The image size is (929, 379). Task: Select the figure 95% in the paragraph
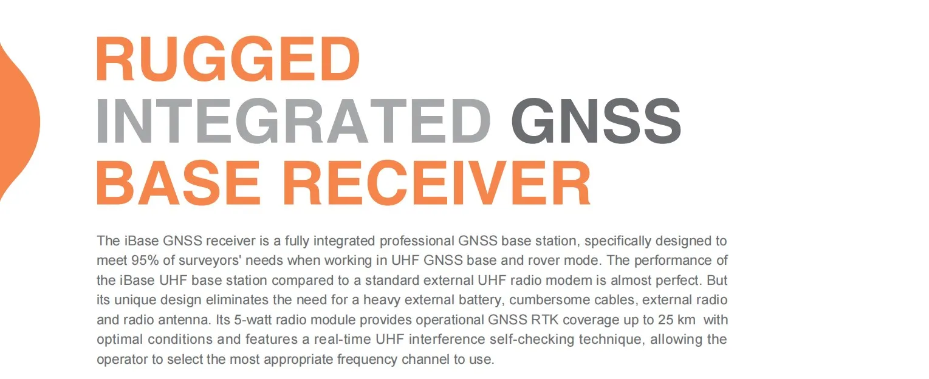click(x=144, y=261)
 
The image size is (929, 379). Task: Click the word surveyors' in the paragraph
click(x=197, y=261)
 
